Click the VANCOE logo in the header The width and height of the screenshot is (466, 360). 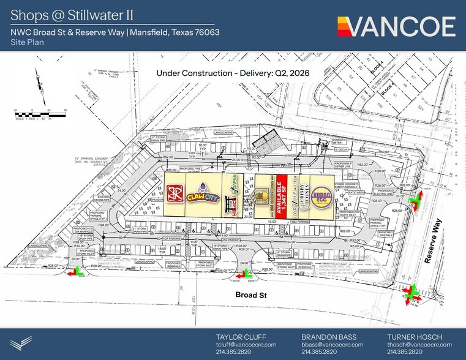pos(396,26)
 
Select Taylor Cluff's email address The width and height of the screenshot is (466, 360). pos(246,345)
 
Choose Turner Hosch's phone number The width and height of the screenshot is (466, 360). pos(404,352)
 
